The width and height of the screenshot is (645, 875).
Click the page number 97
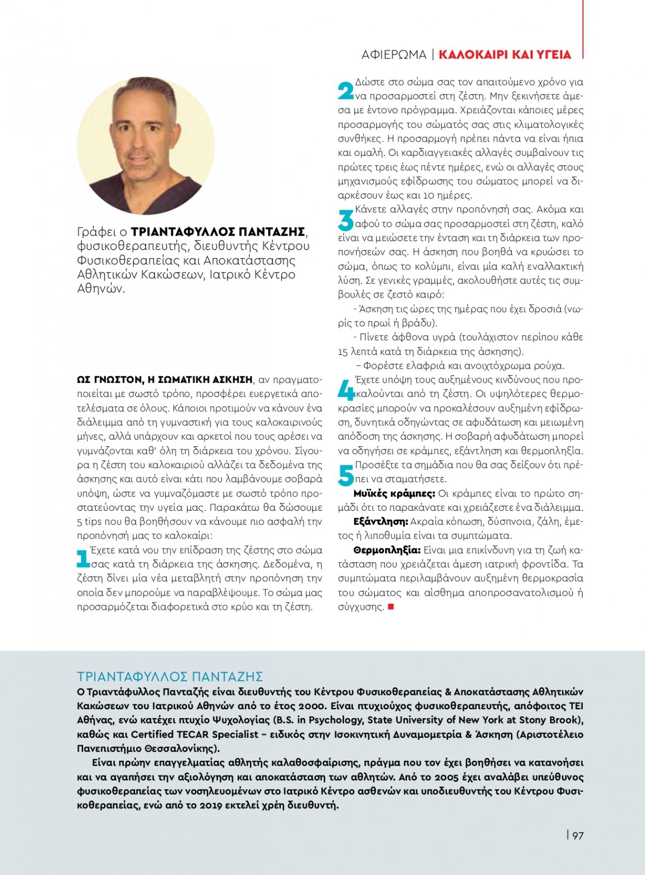(578, 835)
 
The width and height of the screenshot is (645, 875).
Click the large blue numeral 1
(83, 558)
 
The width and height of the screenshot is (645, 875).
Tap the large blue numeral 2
(345, 90)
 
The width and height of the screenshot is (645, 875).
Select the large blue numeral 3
(345, 220)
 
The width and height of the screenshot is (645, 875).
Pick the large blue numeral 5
(345, 475)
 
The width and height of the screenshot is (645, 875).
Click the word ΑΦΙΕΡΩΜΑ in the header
(393, 55)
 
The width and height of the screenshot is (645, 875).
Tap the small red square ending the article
(391, 606)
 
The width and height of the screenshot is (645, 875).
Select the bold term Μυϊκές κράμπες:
(394, 493)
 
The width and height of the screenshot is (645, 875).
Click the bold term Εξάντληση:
(380, 522)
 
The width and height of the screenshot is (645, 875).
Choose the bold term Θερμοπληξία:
(387, 550)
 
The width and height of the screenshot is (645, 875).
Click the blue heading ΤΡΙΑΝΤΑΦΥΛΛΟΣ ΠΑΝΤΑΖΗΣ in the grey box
(170, 676)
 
